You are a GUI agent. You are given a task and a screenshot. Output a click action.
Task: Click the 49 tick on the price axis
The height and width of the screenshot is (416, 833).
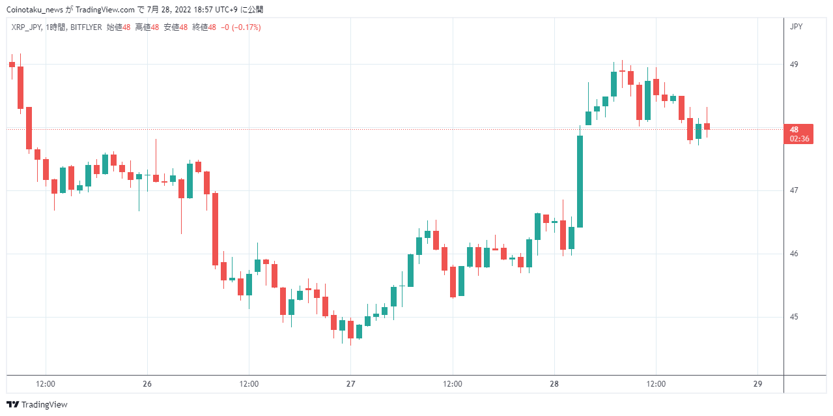[x=794, y=65]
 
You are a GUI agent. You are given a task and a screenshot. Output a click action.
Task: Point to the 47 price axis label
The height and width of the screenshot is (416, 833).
[x=794, y=190]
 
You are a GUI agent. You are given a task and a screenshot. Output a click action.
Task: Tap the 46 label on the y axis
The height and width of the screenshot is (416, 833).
[x=794, y=254]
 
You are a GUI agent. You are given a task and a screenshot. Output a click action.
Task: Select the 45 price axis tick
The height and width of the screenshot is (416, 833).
[x=794, y=317]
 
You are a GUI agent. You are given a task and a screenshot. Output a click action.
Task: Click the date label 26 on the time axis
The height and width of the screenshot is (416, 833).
[x=147, y=383]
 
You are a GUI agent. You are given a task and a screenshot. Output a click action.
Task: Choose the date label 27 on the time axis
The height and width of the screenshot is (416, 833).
[x=350, y=383]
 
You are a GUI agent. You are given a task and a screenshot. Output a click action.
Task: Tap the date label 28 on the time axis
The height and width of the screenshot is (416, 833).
[x=554, y=383]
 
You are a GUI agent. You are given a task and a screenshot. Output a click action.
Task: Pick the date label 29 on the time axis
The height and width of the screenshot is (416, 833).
[x=757, y=383]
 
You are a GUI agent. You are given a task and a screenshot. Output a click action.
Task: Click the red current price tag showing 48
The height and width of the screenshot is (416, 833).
[x=798, y=134]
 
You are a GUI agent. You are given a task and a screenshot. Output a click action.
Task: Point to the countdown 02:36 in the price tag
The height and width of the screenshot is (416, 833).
[x=800, y=139]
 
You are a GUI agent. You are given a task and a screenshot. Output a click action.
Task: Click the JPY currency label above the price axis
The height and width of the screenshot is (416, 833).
[x=796, y=27]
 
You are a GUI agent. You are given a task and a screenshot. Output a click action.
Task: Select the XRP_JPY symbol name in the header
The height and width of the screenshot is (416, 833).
[x=26, y=27]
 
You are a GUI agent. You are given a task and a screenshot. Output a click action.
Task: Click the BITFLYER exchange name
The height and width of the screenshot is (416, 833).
[x=86, y=27]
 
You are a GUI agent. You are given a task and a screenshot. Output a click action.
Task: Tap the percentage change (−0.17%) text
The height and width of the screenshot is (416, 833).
[x=246, y=27]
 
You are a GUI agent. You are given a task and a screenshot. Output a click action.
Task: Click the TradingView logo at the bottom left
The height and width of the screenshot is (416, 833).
[x=37, y=404]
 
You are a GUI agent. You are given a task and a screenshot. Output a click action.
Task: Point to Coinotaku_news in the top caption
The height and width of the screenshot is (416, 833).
[x=35, y=10]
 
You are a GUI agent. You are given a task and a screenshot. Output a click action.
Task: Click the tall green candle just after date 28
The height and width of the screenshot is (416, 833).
[x=580, y=181]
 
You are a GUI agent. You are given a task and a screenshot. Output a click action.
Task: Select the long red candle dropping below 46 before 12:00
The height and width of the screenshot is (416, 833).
[x=215, y=229]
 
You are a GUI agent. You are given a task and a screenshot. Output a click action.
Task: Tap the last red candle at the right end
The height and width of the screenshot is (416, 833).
[x=707, y=126]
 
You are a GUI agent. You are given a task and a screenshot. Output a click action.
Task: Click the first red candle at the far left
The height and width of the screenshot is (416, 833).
[x=12, y=65]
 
